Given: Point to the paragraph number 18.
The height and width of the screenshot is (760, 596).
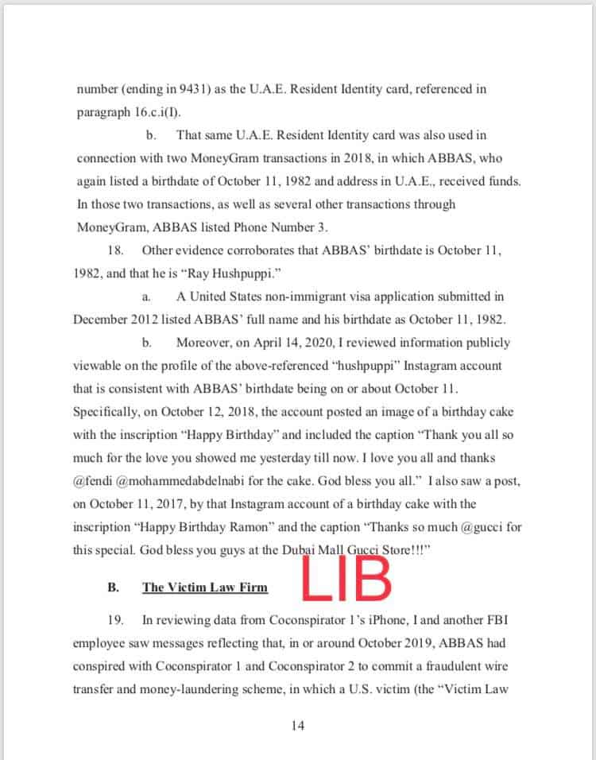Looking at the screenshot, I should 115,250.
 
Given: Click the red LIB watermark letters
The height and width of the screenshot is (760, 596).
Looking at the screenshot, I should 346,580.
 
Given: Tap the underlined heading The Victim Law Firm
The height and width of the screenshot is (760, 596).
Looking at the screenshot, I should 205,588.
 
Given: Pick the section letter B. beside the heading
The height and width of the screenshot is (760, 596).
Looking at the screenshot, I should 114,588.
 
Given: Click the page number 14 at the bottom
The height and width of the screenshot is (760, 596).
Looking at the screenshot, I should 297,725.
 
